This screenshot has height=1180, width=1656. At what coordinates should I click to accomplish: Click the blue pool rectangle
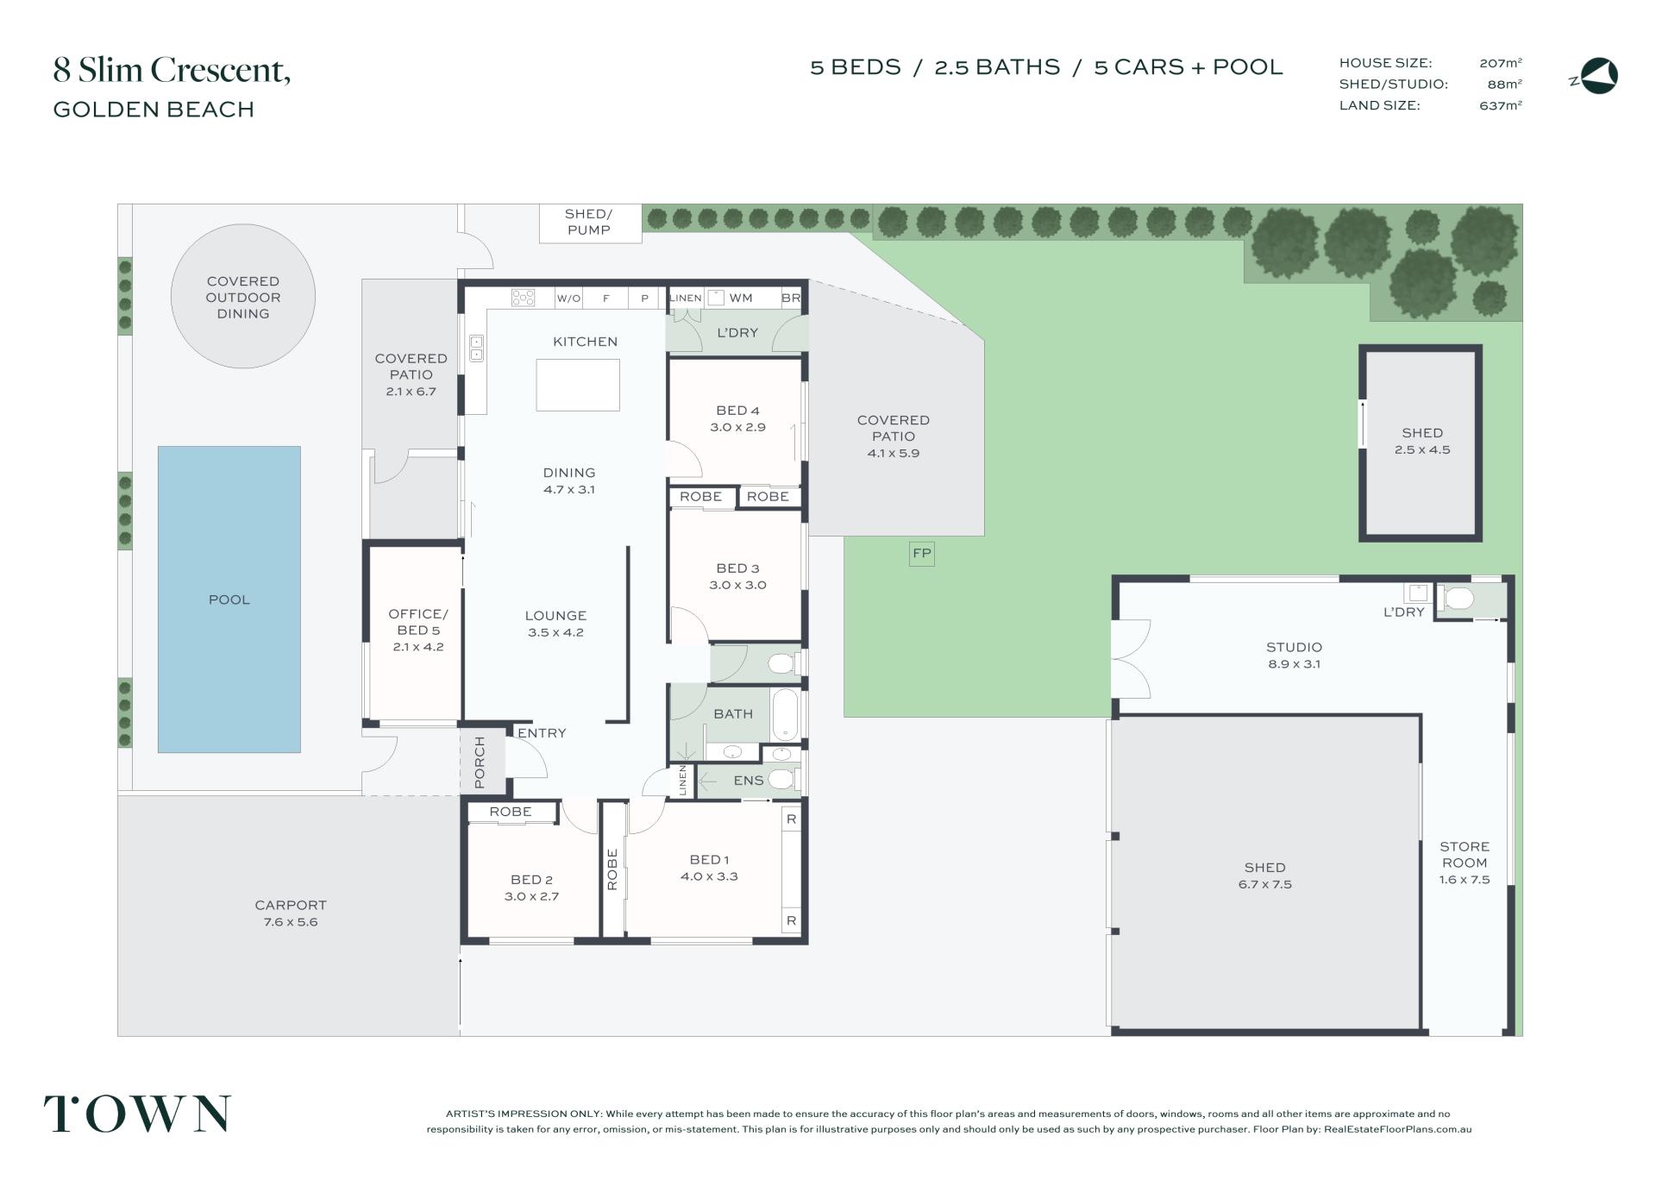(x=229, y=599)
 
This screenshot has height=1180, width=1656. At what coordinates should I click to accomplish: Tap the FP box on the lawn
(x=922, y=554)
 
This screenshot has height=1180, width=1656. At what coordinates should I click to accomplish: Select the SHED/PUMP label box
(x=590, y=223)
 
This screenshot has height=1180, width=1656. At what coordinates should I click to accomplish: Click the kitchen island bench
(x=578, y=385)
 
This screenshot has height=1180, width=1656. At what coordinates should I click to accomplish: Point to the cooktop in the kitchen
(x=523, y=298)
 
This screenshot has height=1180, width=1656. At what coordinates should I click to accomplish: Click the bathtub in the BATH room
(x=784, y=714)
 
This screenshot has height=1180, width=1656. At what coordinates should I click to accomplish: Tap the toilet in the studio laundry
(x=1457, y=598)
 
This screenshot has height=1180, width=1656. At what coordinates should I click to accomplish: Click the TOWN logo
(x=138, y=1114)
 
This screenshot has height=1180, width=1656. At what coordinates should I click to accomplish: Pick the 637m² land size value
(x=1501, y=105)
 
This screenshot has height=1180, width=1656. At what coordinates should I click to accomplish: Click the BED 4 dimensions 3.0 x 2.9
(x=737, y=427)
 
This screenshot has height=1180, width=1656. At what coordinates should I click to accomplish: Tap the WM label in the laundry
(x=741, y=298)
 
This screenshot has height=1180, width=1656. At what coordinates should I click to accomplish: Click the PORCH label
(x=480, y=763)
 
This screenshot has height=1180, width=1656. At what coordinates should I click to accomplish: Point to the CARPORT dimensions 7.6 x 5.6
(x=291, y=921)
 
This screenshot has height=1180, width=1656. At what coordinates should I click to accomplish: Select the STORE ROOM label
(x=1465, y=855)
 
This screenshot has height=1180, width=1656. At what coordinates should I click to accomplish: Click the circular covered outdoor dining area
(x=243, y=297)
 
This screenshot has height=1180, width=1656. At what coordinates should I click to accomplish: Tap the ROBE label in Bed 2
(x=511, y=812)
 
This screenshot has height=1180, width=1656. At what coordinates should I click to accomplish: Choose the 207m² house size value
(x=1501, y=63)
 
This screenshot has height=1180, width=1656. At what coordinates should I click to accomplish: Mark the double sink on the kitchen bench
(x=476, y=348)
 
